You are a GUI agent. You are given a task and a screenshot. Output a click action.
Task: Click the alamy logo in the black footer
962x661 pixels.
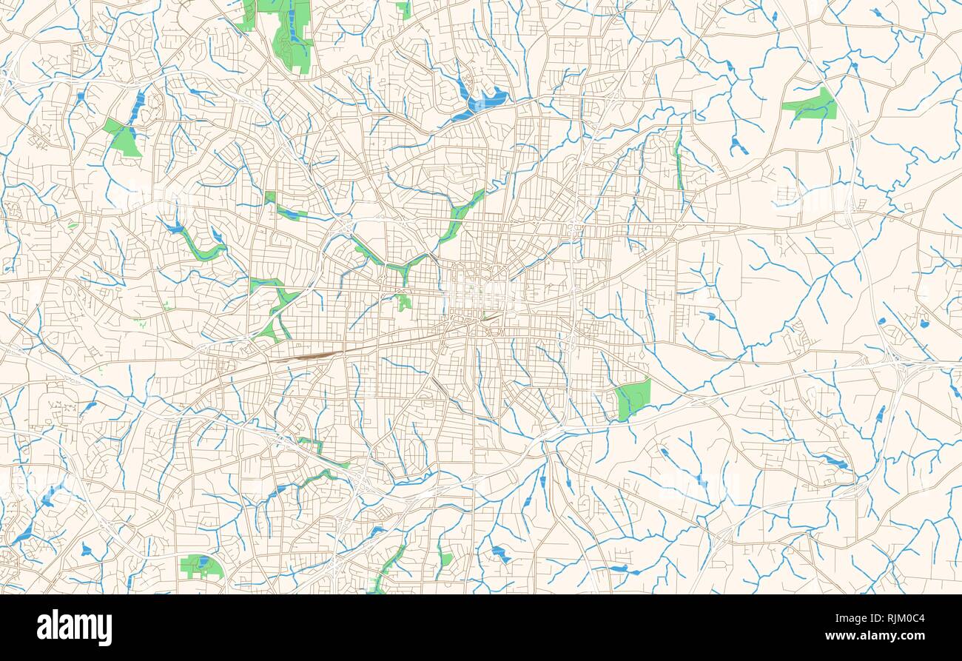[74, 627]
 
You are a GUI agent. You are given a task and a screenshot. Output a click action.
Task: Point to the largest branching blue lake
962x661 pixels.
[481, 100]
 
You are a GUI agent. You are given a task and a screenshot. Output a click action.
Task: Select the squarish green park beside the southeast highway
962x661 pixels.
[632, 398]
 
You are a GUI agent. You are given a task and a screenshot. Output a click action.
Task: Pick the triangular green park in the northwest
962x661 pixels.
[124, 138]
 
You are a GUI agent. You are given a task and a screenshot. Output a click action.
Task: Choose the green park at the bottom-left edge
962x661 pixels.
[200, 566]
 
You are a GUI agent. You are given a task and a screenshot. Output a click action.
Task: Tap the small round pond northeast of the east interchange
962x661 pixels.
[924, 323]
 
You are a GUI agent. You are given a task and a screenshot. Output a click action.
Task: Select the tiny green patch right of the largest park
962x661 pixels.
[403, 9]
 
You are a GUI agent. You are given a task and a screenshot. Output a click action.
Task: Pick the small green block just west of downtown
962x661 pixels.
[403, 301]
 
